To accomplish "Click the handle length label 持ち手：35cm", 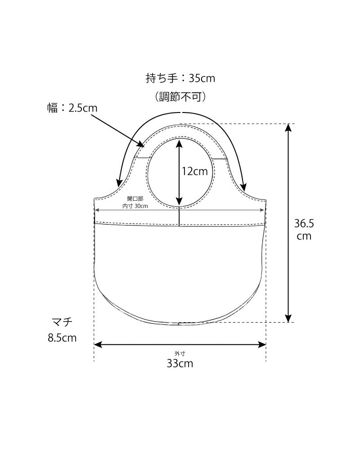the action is [180, 78].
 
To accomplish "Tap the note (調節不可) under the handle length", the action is [180, 97].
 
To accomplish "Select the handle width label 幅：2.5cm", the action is [72, 108].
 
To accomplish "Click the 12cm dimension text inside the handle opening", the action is [195, 171].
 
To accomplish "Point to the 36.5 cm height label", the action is [304, 229].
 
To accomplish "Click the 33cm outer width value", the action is [180, 363].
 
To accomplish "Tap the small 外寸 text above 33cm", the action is [180, 354].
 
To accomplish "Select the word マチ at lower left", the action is [62, 322].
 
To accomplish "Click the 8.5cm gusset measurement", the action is [62, 338].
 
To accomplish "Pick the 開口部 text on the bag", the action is [135, 198].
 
